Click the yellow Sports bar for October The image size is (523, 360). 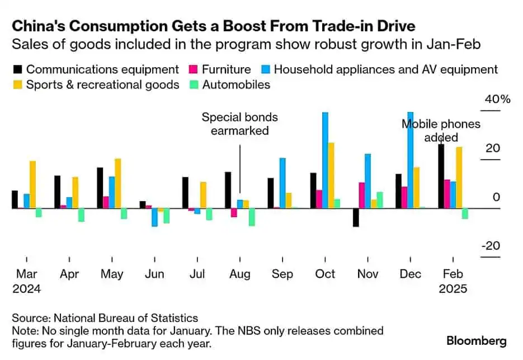331,175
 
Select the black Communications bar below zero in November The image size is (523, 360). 356,217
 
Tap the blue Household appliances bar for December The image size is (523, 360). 411,160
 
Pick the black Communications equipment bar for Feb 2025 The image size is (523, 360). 441,176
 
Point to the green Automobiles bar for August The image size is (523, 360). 252,217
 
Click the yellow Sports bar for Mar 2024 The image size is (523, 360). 33,184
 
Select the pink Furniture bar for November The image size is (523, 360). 362,195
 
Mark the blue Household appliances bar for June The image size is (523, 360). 154,217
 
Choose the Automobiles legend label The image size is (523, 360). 236,85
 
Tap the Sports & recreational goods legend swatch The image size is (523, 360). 17,85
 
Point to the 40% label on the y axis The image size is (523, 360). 497,100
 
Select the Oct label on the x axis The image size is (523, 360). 325,274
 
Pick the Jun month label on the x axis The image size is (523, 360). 154,274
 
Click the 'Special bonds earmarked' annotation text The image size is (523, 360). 239,124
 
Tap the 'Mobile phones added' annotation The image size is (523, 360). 441,130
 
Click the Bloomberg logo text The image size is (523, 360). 477,340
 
